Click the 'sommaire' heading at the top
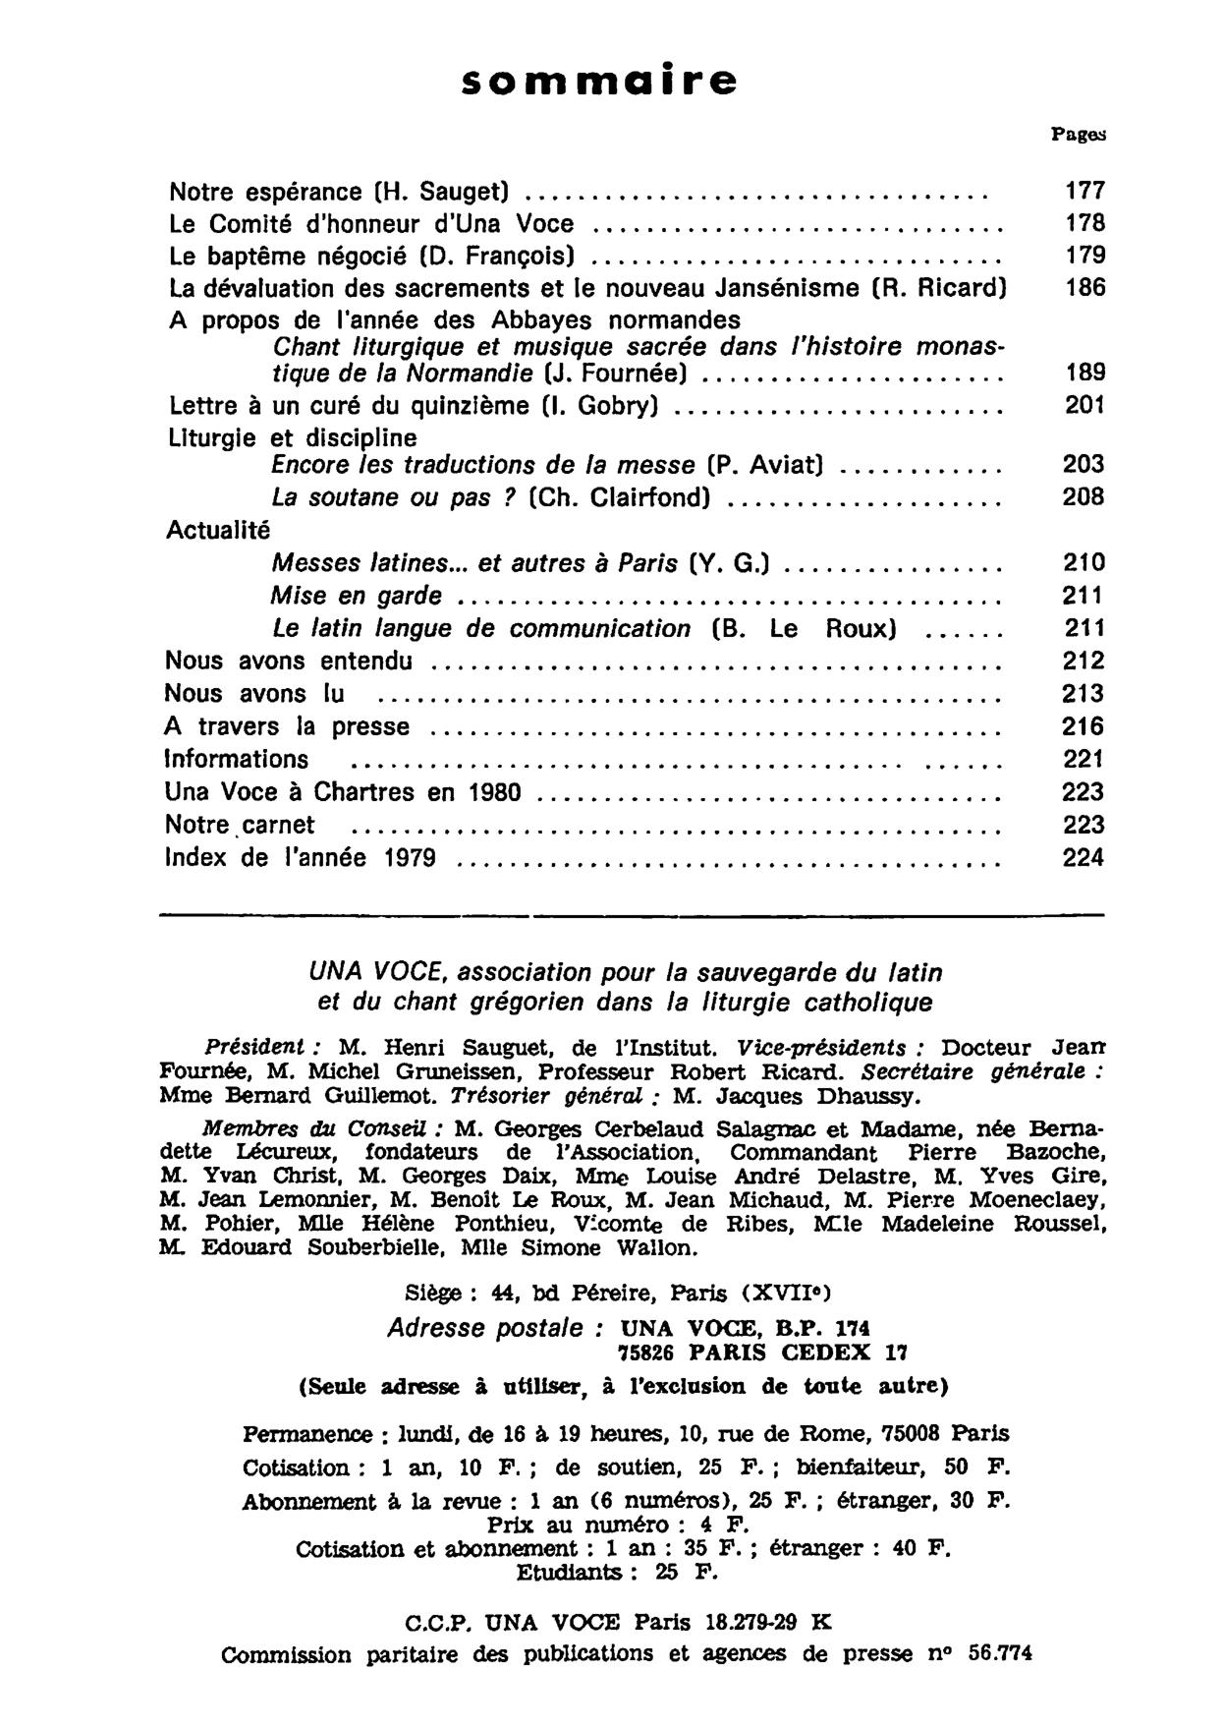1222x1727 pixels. pos(599,81)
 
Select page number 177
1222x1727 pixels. pos(1084,190)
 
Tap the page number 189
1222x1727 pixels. pos(1084,373)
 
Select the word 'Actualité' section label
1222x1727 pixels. pos(217,530)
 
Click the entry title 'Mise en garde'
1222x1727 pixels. pos(356,596)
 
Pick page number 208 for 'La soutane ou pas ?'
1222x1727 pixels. pos(1083,497)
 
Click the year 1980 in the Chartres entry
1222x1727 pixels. pos(493,792)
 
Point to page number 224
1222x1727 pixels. pos(1083,858)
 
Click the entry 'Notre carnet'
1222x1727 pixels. pos(240,825)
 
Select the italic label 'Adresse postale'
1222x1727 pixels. pos(494,1328)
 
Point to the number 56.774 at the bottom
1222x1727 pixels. pos(1000,1653)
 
